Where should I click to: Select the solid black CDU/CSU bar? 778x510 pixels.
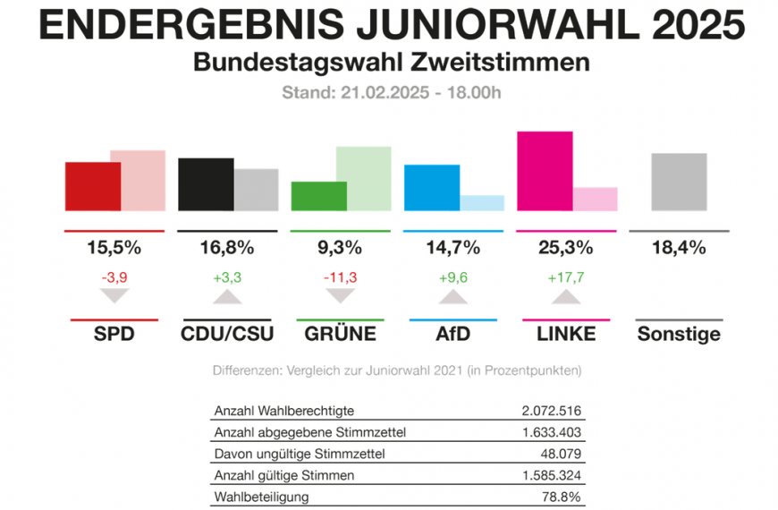click(x=206, y=184)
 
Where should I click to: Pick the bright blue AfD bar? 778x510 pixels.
click(x=432, y=188)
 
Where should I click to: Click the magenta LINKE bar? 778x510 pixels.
click(x=545, y=171)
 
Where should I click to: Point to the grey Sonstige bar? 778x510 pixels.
click(x=679, y=182)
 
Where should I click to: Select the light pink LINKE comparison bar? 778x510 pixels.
click(x=595, y=199)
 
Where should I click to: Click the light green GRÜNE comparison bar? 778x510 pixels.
click(x=363, y=178)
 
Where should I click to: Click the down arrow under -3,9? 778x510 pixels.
click(x=114, y=297)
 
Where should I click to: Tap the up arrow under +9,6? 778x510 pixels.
click(x=452, y=297)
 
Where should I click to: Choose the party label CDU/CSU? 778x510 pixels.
click(x=227, y=335)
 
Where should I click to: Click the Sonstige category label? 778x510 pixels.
click(x=679, y=335)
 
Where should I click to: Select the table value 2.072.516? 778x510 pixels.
click(x=551, y=411)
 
